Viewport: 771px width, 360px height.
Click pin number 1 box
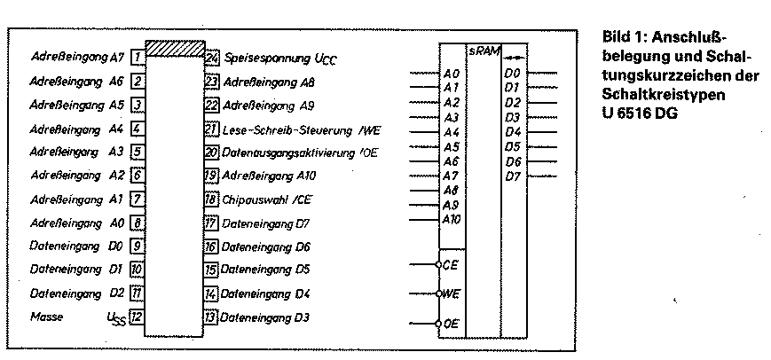tap(138, 58)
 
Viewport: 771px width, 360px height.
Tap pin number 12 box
tap(137, 317)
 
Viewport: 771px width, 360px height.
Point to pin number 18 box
tap(210, 200)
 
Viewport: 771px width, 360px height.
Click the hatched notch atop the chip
tap(175, 48)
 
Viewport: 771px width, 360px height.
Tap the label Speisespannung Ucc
tap(274, 59)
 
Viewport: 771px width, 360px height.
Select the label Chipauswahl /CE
tap(266, 200)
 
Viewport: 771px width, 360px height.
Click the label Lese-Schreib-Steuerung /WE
tap(302, 130)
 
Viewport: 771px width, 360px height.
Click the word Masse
tap(47, 317)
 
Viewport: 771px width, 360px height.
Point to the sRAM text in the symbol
tap(483, 51)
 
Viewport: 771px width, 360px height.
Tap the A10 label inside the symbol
tap(452, 220)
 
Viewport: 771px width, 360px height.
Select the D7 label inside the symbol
tap(512, 176)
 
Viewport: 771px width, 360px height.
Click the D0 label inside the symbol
tap(512, 74)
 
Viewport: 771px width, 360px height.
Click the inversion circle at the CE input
tap(438, 264)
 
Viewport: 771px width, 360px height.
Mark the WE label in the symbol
tap(452, 293)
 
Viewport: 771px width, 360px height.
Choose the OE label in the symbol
tap(452, 324)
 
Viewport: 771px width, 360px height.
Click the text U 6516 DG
tap(639, 113)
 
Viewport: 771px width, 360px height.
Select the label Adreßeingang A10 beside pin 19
tap(268, 176)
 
